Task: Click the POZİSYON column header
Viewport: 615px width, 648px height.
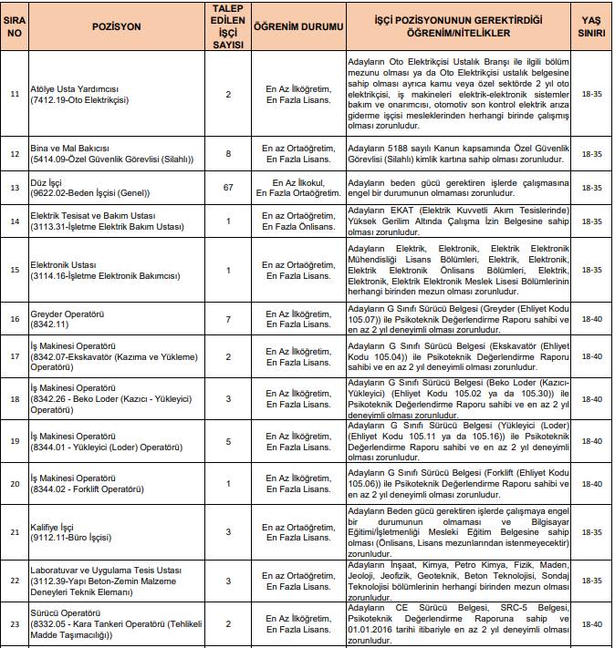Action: pyautogui.click(x=117, y=27)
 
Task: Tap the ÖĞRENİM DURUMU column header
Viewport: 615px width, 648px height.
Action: pyautogui.click(x=296, y=27)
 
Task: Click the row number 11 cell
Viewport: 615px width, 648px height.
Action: pyautogui.click(x=14, y=94)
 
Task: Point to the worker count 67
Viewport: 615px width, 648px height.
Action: pyautogui.click(x=228, y=188)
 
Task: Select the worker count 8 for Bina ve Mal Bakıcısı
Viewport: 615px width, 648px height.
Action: pyautogui.click(x=228, y=152)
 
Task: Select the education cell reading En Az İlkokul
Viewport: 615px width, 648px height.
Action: pyautogui.click(x=296, y=188)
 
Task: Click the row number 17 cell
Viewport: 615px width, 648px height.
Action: pyautogui.click(x=14, y=356)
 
